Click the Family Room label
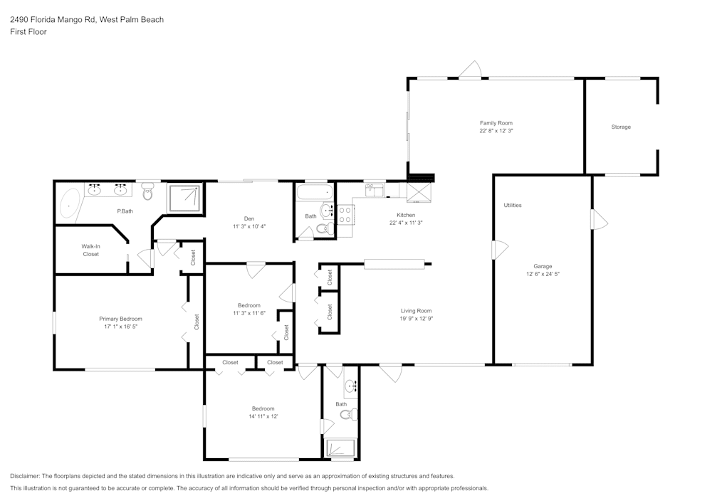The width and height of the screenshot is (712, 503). click(x=496, y=123)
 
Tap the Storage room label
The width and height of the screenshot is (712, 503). click(x=621, y=127)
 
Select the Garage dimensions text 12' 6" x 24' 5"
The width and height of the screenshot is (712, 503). click(x=543, y=274)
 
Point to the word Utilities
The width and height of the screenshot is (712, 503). click(x=512, y=205)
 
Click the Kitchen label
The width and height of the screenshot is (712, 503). click(x=406, y=215)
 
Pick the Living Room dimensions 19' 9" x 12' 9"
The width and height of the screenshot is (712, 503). click(x=416, y=319)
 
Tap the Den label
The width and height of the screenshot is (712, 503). click(x=248, y=218)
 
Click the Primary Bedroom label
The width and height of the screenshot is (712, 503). click(x=120, y=319)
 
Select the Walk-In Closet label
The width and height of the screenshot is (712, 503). click(x=91, y=250)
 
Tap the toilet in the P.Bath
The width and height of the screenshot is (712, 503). click(x=147, y=191)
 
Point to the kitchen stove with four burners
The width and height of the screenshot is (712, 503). click(x=345, y=215)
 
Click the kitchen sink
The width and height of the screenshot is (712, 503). click(x=374, y=190)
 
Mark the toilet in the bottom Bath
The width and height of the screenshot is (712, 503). click(x=349, y=414)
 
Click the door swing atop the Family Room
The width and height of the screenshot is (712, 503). click(x=469, y=70)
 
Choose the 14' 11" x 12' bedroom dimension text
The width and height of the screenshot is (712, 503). click(x=263, y=416)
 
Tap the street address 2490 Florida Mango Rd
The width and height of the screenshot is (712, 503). click(x=53, y=19)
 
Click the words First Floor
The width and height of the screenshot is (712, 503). click(x=28, y=32)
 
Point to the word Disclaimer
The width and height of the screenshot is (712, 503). click(x=24, y=476)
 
